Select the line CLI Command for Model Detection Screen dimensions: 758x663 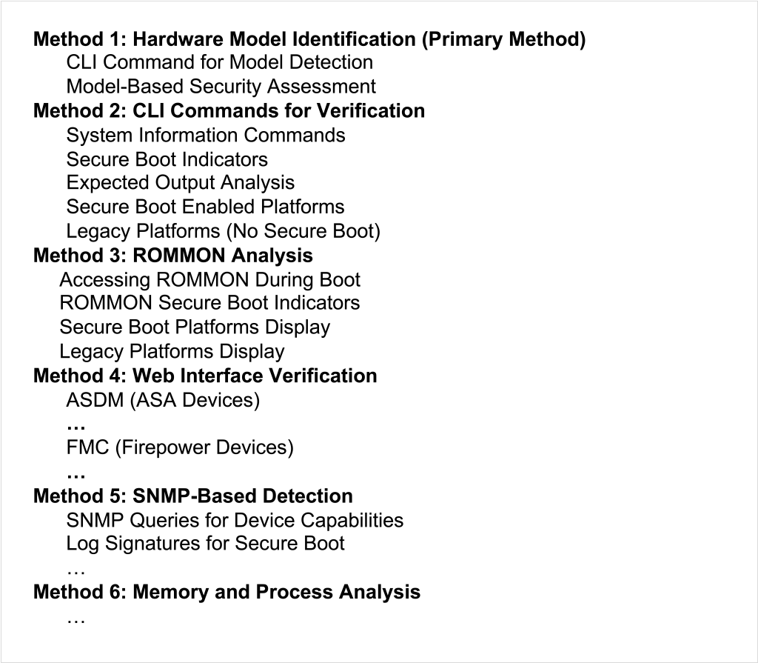[x=219, y=62]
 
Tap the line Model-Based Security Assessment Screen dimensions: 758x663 [x=221, y=87]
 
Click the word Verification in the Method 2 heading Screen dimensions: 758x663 [x=371, y=111]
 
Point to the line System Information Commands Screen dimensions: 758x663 [x=206, y=135]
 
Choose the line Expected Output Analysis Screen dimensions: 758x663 [x=181, y=183]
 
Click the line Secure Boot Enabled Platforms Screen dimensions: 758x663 [x=206, y=207]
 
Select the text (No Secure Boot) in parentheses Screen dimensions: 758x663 [x=303, y=231]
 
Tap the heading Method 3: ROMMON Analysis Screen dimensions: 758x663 [x=173, y=255]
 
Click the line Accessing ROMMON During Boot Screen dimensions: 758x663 [x=209, y=280]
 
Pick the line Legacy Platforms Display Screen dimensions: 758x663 [x=172, y=352]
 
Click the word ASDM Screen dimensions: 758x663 [x=95, y=400]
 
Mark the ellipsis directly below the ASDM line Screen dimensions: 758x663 [x=76, y=427]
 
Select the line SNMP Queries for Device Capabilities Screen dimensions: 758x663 [x=235, y=521]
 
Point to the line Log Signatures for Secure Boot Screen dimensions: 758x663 [x=206, y=544]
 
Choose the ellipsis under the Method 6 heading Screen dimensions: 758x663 [x=76, y=621]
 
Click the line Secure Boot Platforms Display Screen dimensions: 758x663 [x=195, y=327]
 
